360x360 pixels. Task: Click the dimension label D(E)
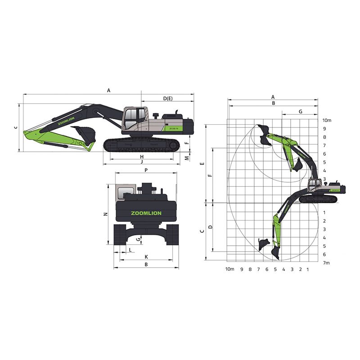pyautogui.click(x=168, y=98)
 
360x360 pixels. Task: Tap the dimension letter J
pyautogui.click(x=141, y=161)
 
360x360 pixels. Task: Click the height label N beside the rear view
pyautogui.click(x=105, y=214)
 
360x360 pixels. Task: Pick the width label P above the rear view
pyautogui.click(x=146, y=171)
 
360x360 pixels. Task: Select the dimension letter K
pyautogui.click(x=146, y=256)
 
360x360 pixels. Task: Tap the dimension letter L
pyautogui.click(x=130, y=249)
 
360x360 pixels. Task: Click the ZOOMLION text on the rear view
pyautogui.click(x=146, y=213)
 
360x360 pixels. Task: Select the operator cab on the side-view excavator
pyautogui.click(x=134, y=118)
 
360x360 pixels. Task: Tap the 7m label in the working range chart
pyautogui.click(x=327, y=263)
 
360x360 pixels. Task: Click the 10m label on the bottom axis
pyautogui.click(x=230, y=269)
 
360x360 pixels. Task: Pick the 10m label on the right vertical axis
pyautogui.click(x=327, y=120)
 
